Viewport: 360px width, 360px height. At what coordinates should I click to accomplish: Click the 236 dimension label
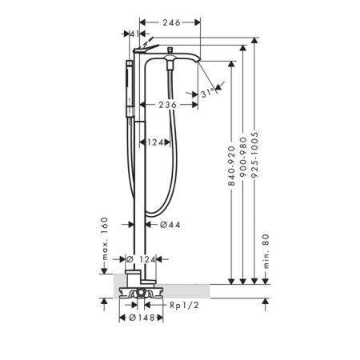point(166,104)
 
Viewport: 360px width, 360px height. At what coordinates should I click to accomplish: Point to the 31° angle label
point(210,94)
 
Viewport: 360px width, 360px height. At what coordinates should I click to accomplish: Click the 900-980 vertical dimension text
point(244,158)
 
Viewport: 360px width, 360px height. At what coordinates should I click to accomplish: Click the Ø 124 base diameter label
point(141,259)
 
